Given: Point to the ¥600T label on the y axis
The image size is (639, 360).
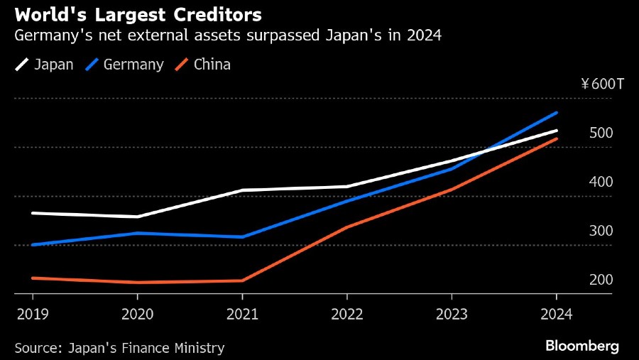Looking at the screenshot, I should coord(602,84).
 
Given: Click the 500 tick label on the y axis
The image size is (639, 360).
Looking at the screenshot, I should coord(601,133).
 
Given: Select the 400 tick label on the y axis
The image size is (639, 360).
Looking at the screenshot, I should coord(601,182).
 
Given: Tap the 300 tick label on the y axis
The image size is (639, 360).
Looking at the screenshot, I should coord(601,231).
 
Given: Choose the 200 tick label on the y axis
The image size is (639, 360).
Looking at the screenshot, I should coord(601,280).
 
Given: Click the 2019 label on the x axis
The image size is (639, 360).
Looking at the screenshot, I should coord(32,313).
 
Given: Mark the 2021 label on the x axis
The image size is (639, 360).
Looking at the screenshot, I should coord(242,313).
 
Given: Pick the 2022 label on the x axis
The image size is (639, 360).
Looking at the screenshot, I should coord(347,313).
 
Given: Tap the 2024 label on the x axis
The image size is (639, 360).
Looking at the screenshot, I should coord(557,313).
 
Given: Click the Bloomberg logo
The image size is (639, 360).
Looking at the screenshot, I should coord(582,346).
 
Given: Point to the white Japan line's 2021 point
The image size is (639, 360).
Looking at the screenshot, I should coord(242,190).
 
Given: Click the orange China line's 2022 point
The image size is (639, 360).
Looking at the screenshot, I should coord(347,227).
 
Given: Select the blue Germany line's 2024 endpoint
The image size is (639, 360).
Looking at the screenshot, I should coord(557,112).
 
